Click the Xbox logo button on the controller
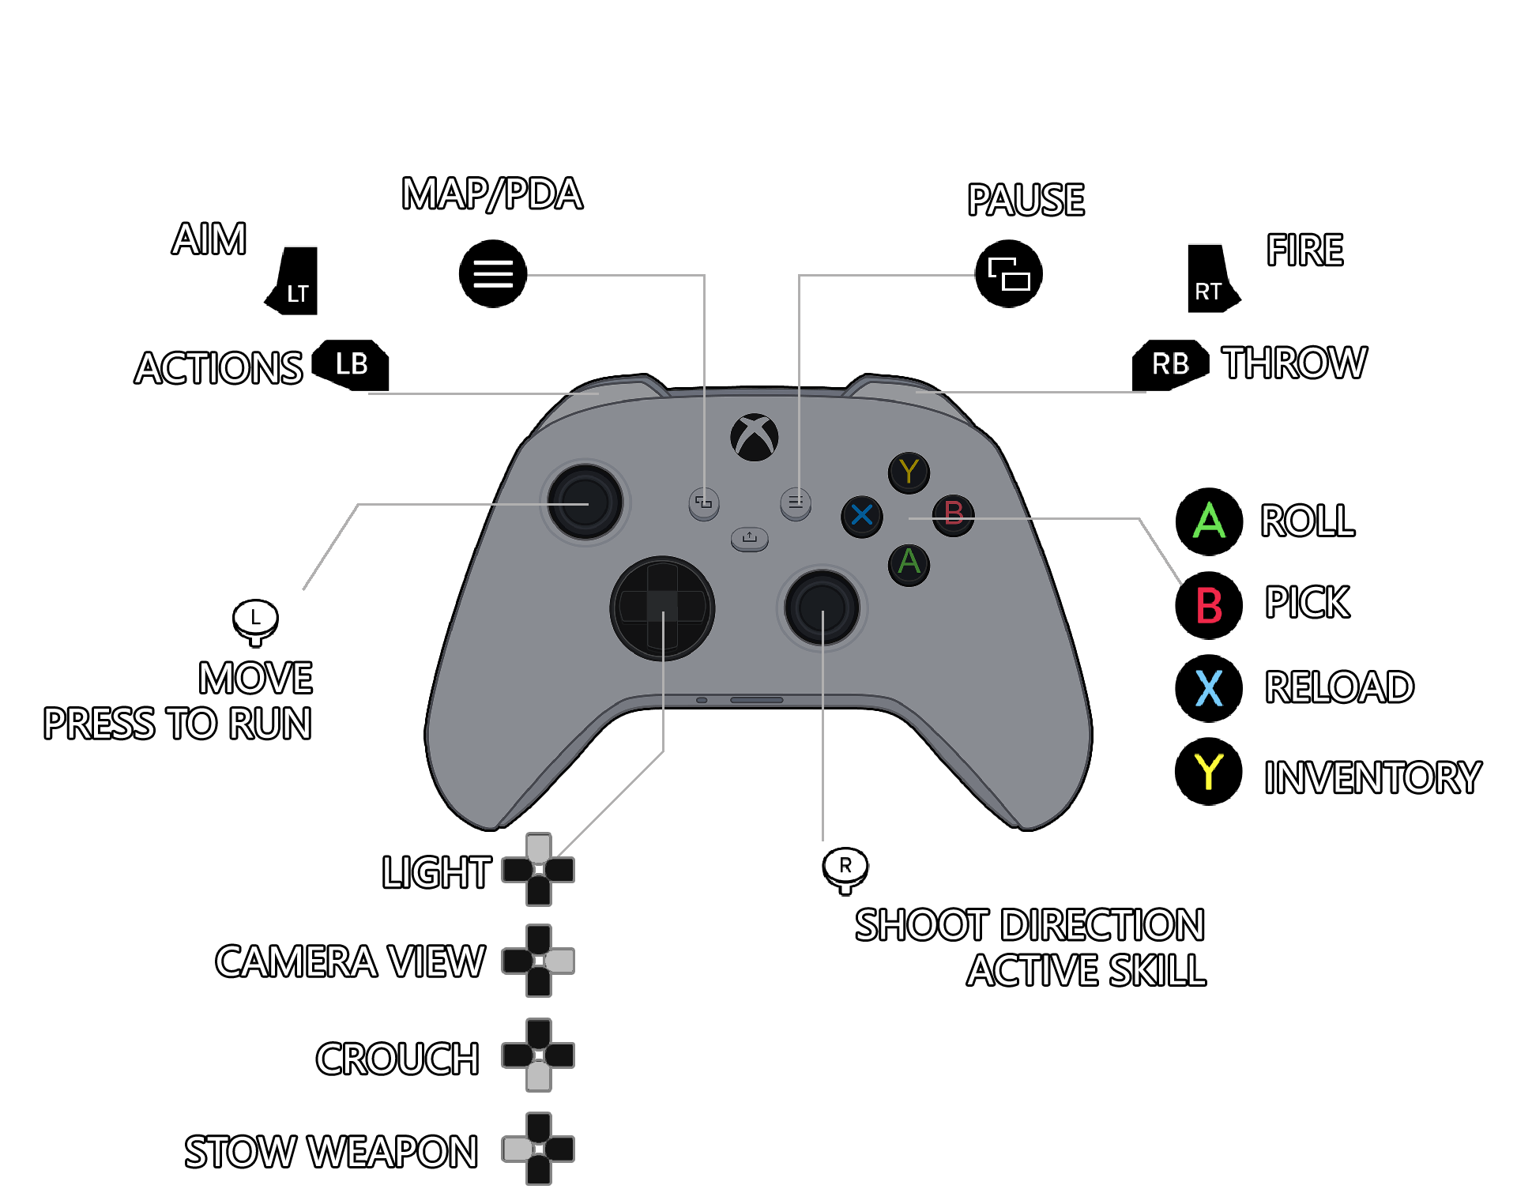click(x=754, y=437)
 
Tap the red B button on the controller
click(x=953, y=515)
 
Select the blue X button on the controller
click(x=861, y=516)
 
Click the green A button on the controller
click(x=909, y=563)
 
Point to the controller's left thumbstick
click(x=585, y=503)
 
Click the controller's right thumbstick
click(x=822, y=608)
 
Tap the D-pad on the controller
click(x=662, y=608)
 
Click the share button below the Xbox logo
click(x=749, y=539)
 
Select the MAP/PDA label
click(x=492, y=194)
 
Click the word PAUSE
click(x=1026, y=201)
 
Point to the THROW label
click(x=1293, y=363)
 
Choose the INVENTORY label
click(x=1372, y=777)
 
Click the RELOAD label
click(x=1339, y=687)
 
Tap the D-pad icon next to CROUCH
click(x=538, y=1055)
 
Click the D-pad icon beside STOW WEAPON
click(x=538, y=1149)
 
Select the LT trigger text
click(x=298, y=295)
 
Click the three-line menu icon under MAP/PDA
click(x=493, y=274)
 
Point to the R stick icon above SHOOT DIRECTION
click(x=845, y=869)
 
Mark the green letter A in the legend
click(x=1209, y=521)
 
